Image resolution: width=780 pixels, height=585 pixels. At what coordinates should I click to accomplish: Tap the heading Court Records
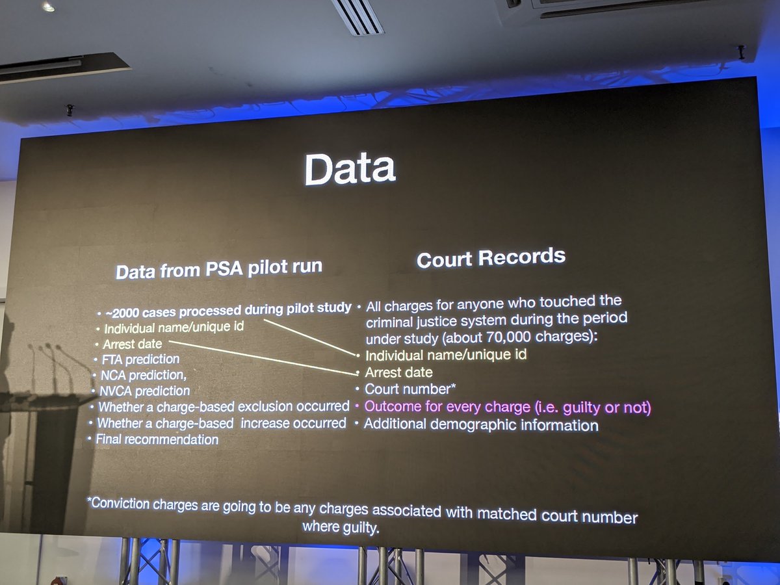[491, 258]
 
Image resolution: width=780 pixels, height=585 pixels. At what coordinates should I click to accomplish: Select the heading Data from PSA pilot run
[218, 268]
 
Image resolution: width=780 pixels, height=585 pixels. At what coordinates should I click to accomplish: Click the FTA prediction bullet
[140, 359]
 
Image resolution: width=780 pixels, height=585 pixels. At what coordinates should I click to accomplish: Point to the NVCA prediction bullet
[144, 391]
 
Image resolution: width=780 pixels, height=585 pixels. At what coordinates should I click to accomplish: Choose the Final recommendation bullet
[157, 439]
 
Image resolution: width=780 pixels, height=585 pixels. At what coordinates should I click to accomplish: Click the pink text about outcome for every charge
[507, 408]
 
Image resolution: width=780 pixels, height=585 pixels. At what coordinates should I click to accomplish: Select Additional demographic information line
[480, 424]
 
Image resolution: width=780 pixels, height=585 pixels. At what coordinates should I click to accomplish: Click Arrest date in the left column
[132, 343]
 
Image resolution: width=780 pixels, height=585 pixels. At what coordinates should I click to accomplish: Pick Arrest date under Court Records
[398, 372]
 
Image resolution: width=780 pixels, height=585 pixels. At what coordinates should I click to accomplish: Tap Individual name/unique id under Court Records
[446, 355]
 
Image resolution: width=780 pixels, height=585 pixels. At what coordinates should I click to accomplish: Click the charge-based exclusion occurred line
[224, 407]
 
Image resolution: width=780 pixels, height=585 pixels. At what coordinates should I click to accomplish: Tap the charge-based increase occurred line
[222, 423]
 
